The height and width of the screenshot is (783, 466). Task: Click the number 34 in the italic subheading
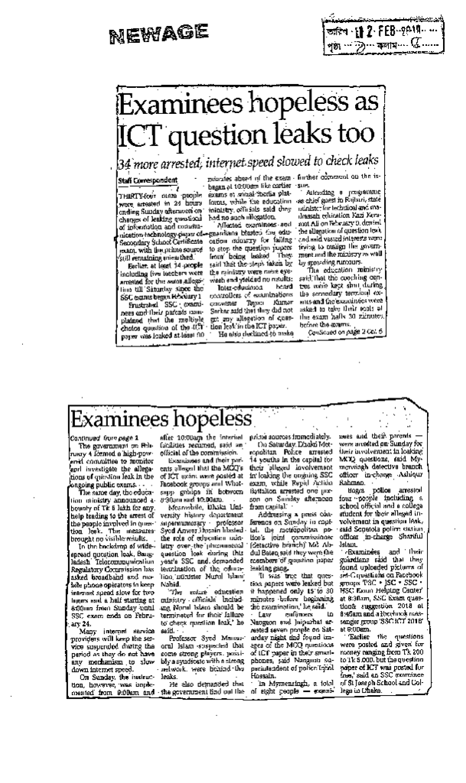[125, 163]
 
